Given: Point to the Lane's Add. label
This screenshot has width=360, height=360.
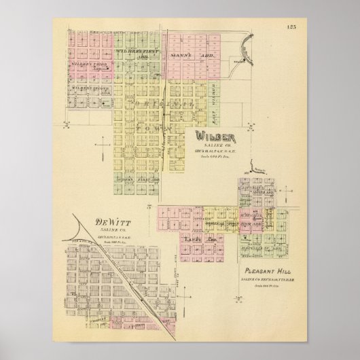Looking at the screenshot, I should [x=198, y=240].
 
